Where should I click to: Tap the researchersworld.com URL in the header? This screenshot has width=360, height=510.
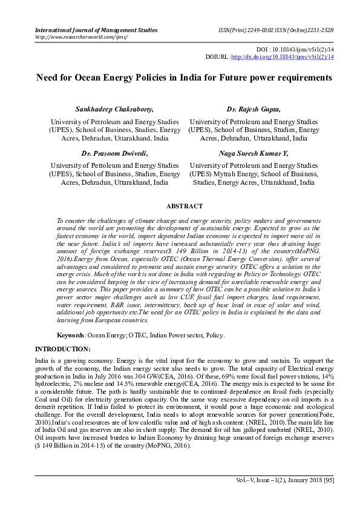click(82, 36)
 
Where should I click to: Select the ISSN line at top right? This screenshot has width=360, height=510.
click(275, 29)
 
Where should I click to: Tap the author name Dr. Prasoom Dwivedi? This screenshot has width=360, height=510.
click(114, 153)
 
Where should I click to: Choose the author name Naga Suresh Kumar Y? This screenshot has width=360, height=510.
click(254, 153)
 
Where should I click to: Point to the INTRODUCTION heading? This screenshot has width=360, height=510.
click(63, 349)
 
